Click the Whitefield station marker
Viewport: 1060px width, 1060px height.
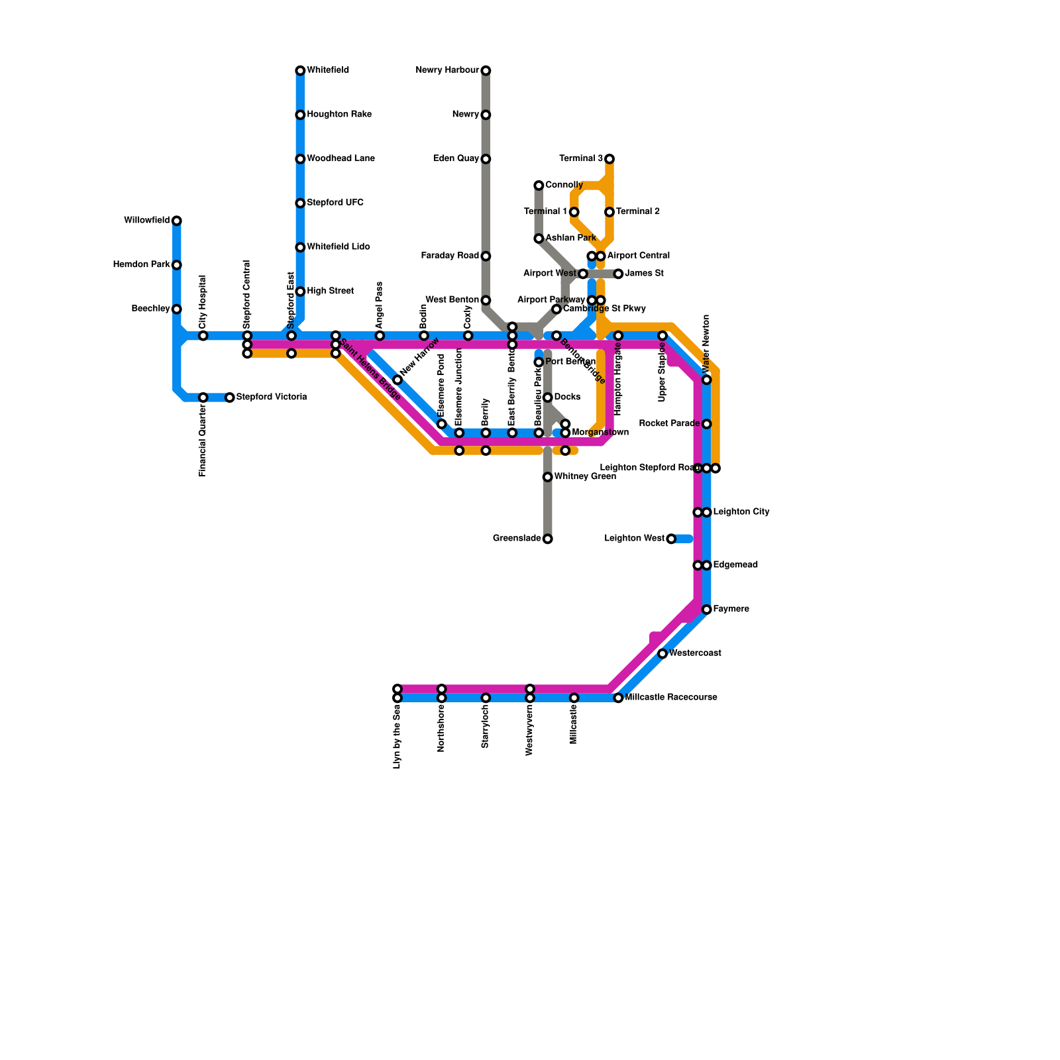pos(300,70)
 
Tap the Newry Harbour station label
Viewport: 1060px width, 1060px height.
pos(447,70)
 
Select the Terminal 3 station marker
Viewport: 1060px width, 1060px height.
pos(609,159)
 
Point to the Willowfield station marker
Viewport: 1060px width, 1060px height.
pos(177,221)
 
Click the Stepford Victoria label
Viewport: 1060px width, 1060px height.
pos(272,397)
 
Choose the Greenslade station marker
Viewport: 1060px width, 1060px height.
pos(548,539)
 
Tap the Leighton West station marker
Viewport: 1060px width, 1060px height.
pos(671,539)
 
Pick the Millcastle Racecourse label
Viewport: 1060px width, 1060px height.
pos(671,698)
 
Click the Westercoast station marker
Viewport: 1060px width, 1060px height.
pos(662,654)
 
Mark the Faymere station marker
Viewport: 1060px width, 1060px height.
pos(707,609)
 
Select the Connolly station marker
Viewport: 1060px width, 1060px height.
pos(539,185)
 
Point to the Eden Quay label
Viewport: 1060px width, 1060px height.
pos(455,159)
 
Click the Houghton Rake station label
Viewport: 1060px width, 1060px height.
pos(339,115)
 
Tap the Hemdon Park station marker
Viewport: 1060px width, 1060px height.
pos(177,265)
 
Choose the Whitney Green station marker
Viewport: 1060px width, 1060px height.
pos(548,477)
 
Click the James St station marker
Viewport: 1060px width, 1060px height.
pos(618,274)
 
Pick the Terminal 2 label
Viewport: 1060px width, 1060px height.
pos(638,212)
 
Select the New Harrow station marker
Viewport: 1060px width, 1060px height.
pos(397,380)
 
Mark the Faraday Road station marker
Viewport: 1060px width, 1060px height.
pos(486,256)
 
